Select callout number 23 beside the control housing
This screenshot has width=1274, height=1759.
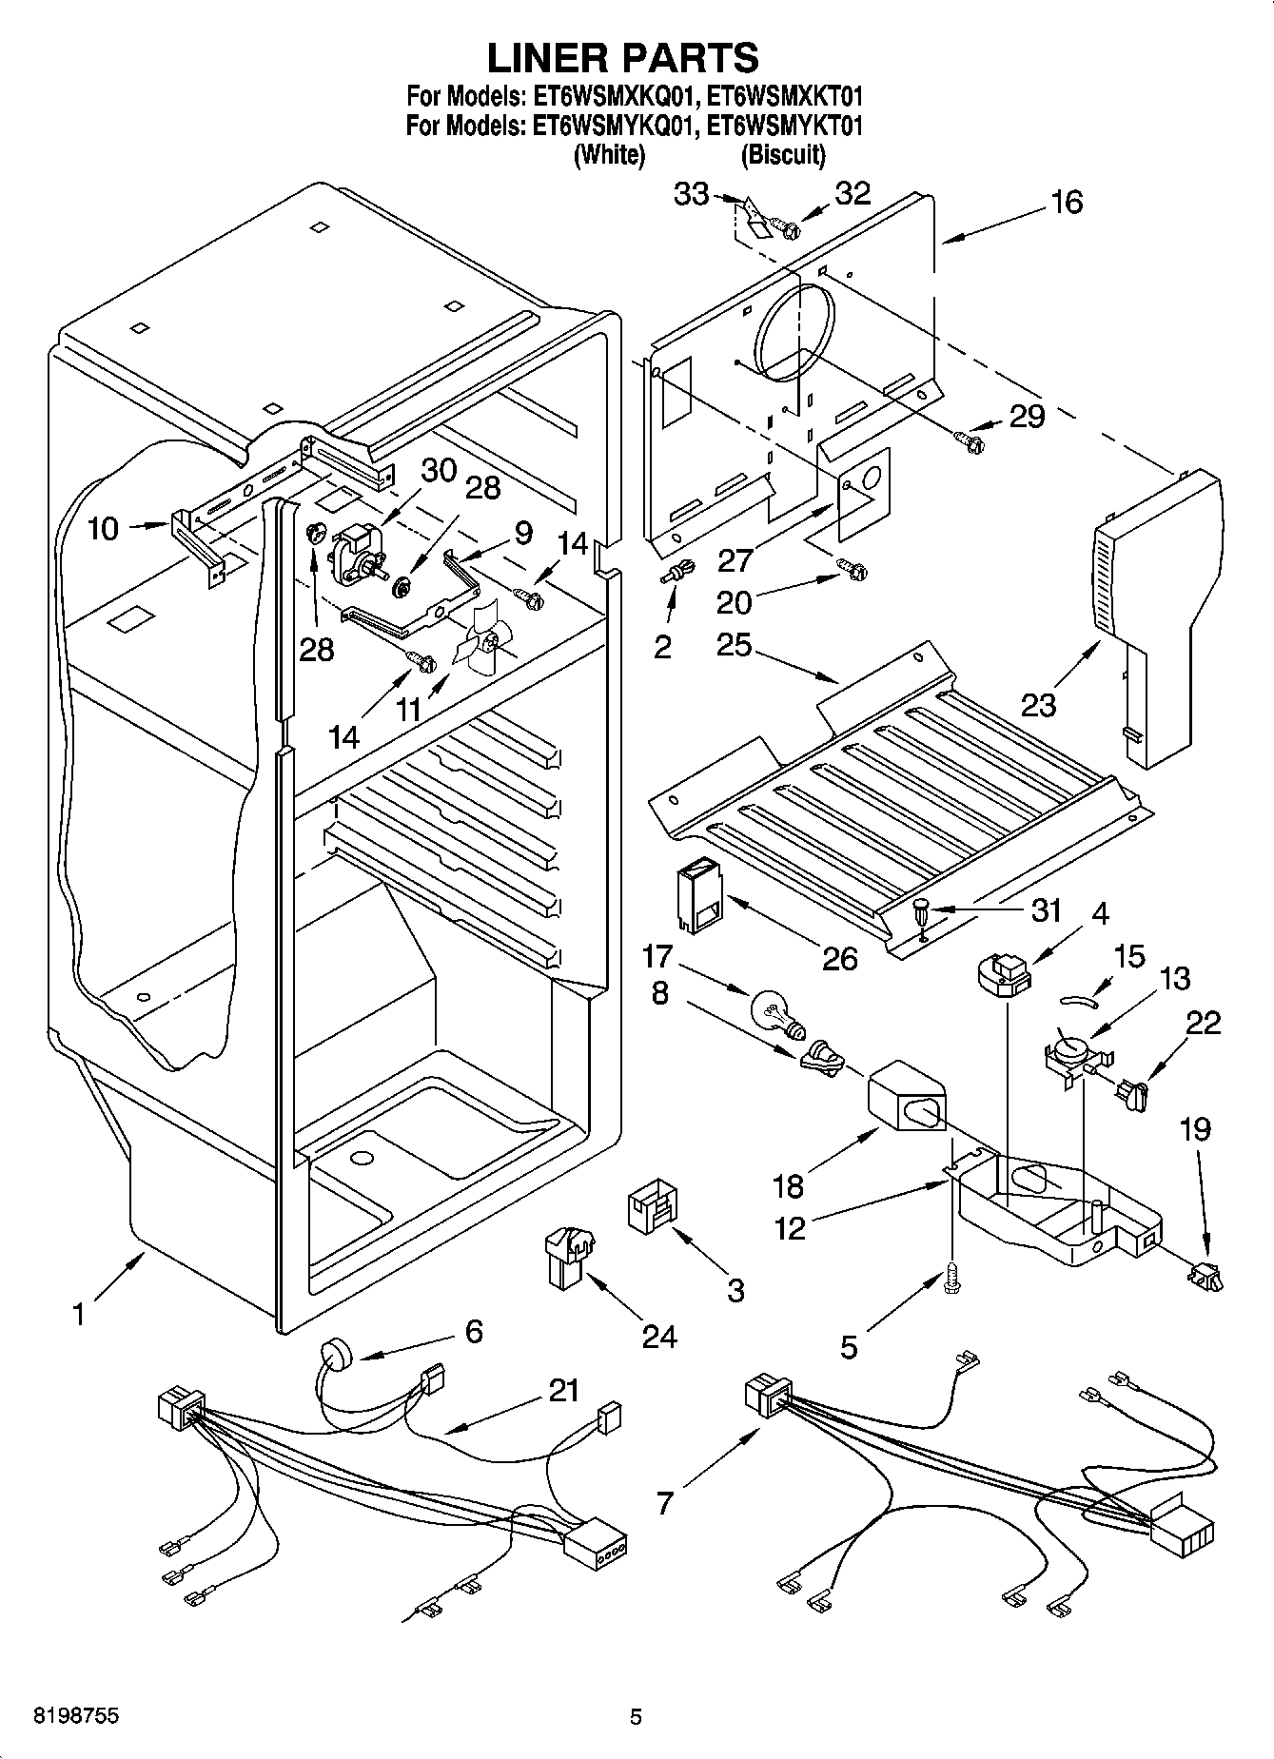pos(1039,705)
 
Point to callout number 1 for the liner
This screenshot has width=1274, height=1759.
pos(79,1315)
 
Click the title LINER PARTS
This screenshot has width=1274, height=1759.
pos(623,58)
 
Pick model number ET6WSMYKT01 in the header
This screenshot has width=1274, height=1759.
pos(785,125)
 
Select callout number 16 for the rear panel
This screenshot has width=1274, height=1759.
pos(1068,203)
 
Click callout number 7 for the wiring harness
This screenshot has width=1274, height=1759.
pos(664,1502)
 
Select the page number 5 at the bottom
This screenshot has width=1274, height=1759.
pos(636,1717)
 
